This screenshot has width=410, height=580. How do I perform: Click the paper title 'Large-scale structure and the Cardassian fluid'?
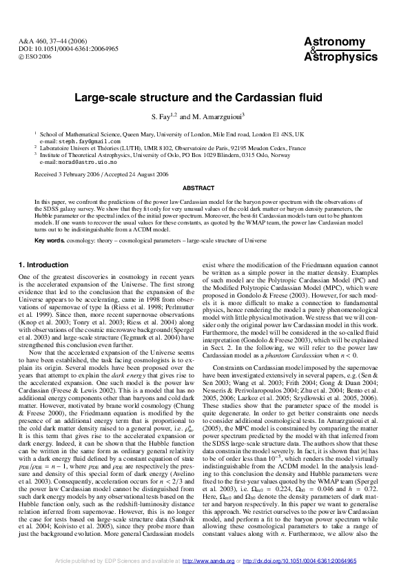[205, 97]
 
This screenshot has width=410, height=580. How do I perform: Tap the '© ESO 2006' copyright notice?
[36, 58]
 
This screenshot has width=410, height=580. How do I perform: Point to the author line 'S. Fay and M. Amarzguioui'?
[205, 116]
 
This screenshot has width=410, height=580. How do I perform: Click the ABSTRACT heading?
[205, 187]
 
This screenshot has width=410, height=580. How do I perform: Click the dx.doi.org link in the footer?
[304, 561]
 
